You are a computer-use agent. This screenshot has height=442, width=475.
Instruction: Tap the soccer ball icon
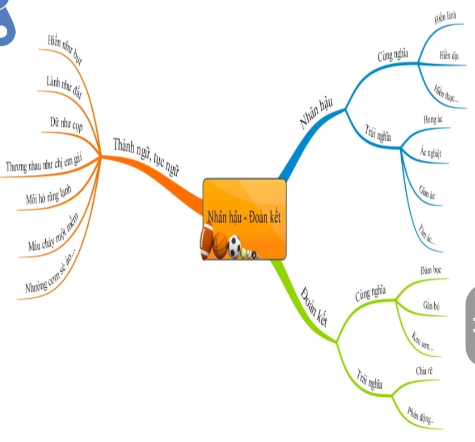coord(234,246)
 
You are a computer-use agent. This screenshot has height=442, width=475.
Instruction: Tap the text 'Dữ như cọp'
coord(66,124)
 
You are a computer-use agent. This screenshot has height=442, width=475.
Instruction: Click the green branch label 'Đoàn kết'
coord(313,306)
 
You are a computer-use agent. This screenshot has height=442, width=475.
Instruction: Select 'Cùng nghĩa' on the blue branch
coord(392,56)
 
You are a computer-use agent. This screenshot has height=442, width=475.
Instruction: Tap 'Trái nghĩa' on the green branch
coord(369,378)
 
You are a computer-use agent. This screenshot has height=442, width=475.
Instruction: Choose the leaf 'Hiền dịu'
coord(449,55)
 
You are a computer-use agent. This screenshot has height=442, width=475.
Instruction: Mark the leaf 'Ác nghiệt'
coord(431,151)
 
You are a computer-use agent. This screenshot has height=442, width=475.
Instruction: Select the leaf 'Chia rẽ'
coord(424,370)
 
